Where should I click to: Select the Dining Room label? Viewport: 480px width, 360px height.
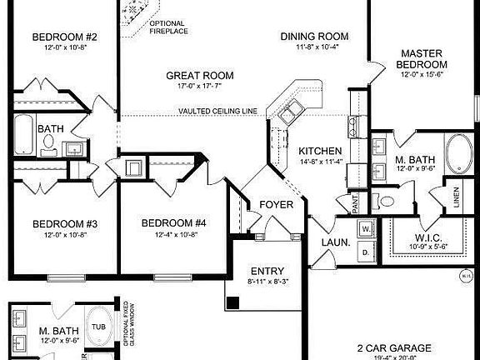314,37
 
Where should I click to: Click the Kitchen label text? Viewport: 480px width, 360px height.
317,150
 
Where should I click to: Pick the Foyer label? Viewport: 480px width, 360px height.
275,204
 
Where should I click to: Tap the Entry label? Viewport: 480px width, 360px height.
267,272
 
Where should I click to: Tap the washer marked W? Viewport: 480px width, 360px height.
365,227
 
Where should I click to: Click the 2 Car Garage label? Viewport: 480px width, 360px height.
395,347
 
